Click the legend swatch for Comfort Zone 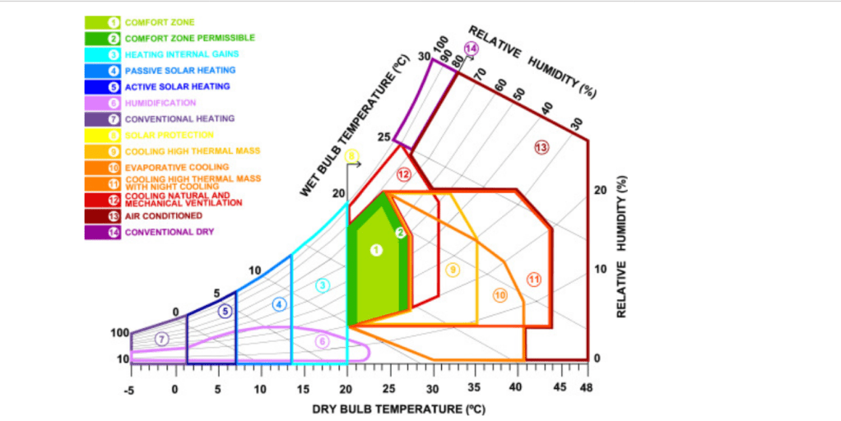click(102, 22)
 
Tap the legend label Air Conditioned click(163, 215)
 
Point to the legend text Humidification click(160, 103)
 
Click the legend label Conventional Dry click(169, 232)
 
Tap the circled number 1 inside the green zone click(376, 249)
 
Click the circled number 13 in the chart click(541, 147)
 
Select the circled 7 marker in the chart click(162, 338)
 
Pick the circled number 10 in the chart click(500, 295)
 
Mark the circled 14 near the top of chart click(471, 49)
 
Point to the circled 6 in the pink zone click(323, 341)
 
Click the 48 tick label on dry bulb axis click(586, 387)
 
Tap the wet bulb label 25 click(383, 136)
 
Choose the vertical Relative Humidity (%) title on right click(623, 246)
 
